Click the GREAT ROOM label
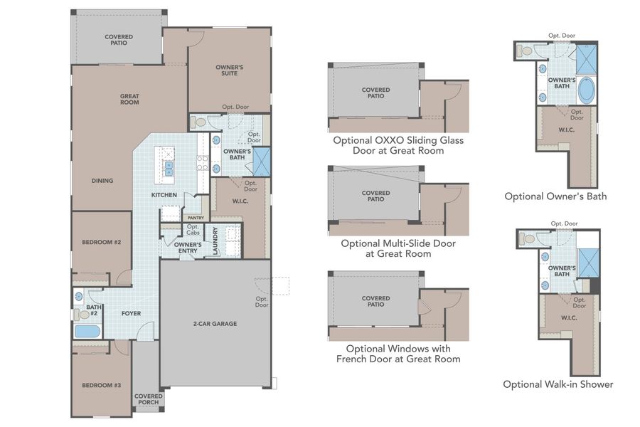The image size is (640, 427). (129, 99)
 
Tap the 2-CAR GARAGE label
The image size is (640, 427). (214, 324)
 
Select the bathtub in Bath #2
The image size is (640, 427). (87, 330)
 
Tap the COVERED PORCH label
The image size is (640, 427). (148, 399)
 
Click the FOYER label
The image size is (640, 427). (130, 312)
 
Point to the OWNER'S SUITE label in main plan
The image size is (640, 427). (230, 70)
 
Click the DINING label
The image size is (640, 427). (102, 181)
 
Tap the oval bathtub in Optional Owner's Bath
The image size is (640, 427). (587, 91)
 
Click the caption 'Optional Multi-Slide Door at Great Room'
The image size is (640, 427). (398, 248)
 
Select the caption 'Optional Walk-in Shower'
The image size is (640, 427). (558, 384)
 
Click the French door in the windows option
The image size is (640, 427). (423, 305)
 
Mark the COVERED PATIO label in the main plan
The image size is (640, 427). (119, 40)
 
